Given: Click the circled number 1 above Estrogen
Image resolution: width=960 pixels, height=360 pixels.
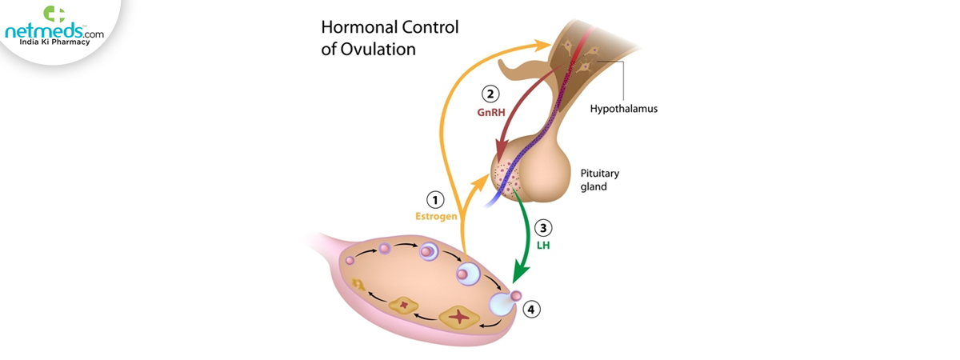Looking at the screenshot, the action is pyautogui.click(x=435, y=200).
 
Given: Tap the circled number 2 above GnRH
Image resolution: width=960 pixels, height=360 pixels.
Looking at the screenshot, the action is pyautogui.click(x=490, y=94).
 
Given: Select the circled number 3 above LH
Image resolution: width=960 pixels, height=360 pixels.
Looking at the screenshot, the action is pyautogui.click(x=543, y=228).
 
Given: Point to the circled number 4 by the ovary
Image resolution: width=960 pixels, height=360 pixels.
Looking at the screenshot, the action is pyautogui.click(x=531, y=310).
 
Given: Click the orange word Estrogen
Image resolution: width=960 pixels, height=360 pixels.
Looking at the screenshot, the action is pyautogui.click(x=436, y=217).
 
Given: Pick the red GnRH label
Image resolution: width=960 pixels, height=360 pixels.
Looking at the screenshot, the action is pyautogui.click(x=491, y=112).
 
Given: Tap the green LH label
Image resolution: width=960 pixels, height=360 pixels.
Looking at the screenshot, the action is pyautogui.click(x=543, y=246).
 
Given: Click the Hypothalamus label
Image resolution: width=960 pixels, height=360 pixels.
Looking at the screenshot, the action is pyautogui.click(x=623, y=109).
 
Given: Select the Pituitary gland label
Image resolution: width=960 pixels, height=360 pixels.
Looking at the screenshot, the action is pyautogui.click(x=599, y=180).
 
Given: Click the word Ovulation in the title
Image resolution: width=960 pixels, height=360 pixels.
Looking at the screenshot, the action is pyautogui.click(x=378, y=50).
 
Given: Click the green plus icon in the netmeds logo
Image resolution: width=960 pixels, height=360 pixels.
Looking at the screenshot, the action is pyautogui.click(x=54, y=14).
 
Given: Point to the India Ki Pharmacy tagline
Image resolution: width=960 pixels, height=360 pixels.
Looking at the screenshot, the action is pyautogui.click(x=54, y=42).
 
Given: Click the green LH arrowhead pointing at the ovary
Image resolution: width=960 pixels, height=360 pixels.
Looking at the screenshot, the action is pyautogui.click(x=520, y=273).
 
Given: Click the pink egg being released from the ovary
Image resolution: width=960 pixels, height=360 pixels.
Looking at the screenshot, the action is pyautogui.click(x=516, y=295).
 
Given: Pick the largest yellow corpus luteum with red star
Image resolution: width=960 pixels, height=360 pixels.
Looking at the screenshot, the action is pyautogui.click(x=459, y=317).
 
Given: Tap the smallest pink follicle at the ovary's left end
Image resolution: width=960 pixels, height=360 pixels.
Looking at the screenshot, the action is pyautogui.click(x=350, y=260).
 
